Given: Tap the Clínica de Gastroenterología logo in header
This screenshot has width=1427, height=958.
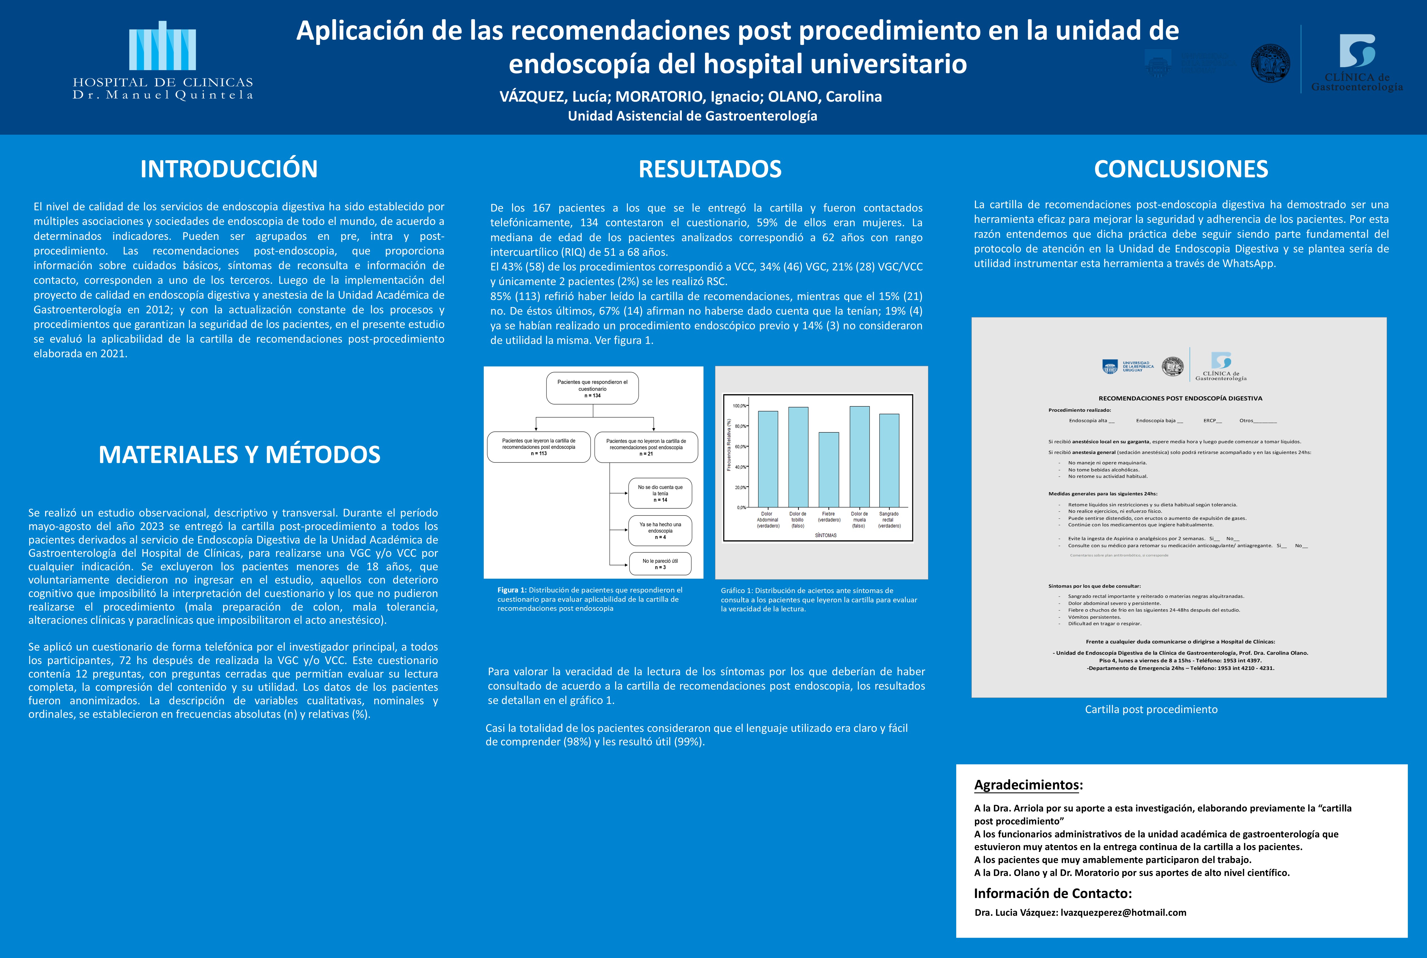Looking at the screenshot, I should coord(1357,61).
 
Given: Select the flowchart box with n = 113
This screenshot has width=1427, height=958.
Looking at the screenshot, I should coord(538,447).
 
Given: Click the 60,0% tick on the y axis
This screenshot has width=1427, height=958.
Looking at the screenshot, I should coord(740,447).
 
